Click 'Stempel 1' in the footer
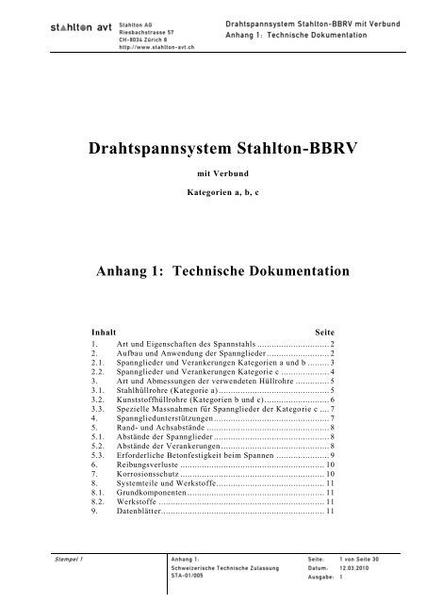(x=66, y=561)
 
